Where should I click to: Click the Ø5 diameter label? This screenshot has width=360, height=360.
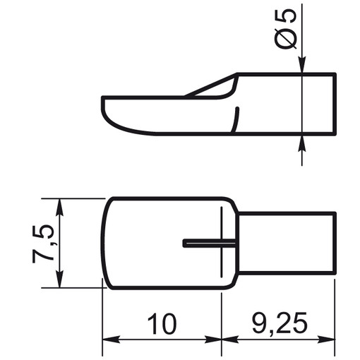coord(286,29)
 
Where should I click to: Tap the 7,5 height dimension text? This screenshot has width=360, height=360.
coord(43,244)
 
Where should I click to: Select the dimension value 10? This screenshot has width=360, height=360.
coord(162,324)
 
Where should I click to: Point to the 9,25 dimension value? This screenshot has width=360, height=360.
coord(280,323)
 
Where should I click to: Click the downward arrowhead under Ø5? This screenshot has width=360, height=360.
coord(302,65)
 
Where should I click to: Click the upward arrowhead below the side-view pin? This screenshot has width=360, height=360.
coord(302,143)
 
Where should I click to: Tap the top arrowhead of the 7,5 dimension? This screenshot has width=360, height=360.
coord(60,208)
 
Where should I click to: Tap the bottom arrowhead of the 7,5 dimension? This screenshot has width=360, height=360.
coord(60,279)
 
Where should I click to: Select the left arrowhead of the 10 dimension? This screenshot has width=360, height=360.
coord(111,340)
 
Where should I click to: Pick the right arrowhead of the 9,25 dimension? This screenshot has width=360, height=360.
coord(326,340)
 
